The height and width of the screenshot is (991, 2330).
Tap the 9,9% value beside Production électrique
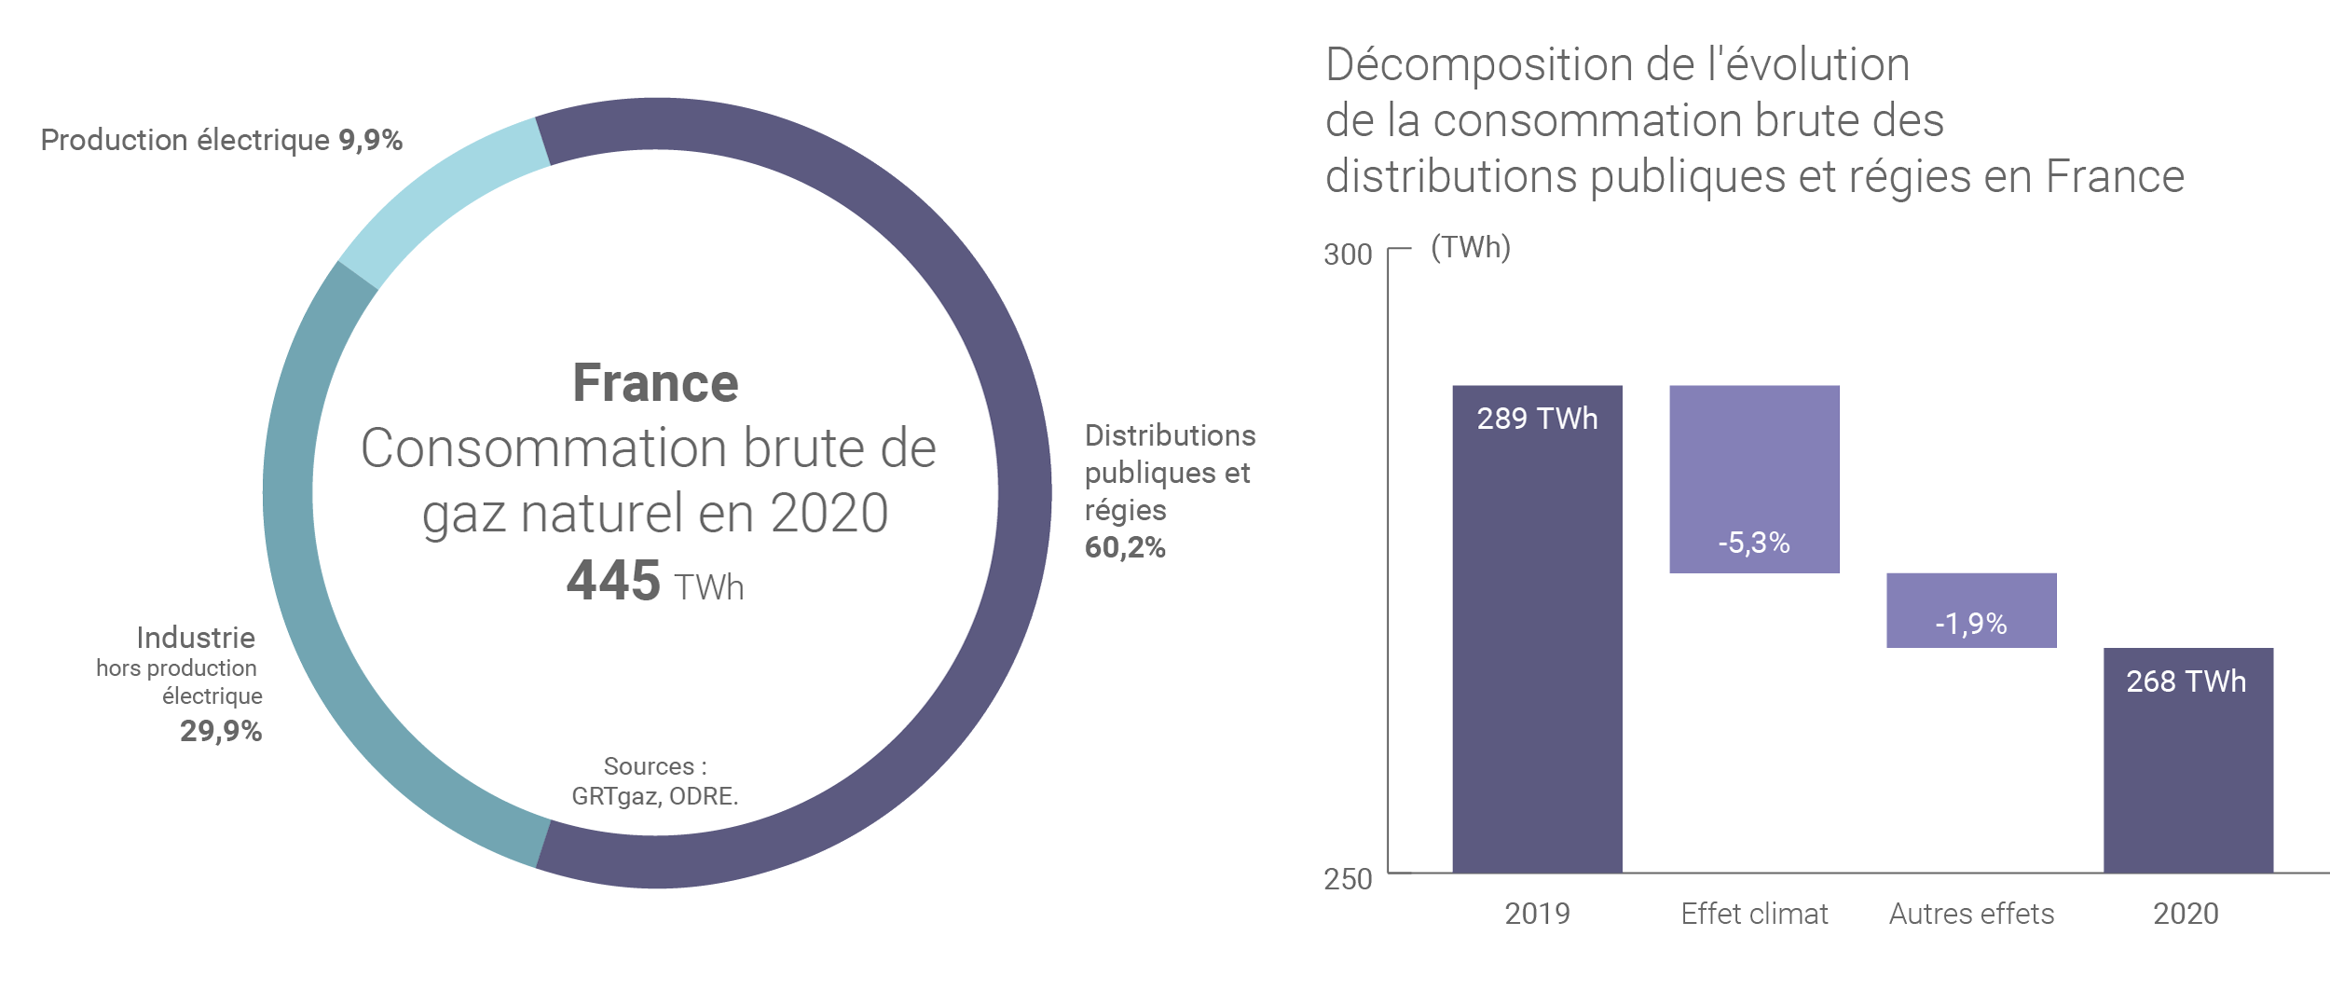[370, 140]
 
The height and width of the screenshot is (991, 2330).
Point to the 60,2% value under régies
[1125, 547]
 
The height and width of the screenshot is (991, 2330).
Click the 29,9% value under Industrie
[221, 731]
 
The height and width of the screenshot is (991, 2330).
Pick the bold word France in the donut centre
[655, 383]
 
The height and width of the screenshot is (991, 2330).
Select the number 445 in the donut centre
[613, 581]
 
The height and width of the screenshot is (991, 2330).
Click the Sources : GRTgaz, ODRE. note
[655, 781]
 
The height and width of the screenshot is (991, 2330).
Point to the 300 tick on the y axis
[1348, 255]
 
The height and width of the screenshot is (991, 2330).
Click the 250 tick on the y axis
[1348, 879]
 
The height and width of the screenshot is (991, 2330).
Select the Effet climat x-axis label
[1754, 914]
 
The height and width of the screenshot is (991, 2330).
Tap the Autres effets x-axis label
[1971, 914]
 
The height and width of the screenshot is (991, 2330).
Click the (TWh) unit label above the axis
[1471, 248]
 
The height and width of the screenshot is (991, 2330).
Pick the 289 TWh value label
[1537, 419]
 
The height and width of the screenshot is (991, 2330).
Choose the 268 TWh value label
[2186, 681]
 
